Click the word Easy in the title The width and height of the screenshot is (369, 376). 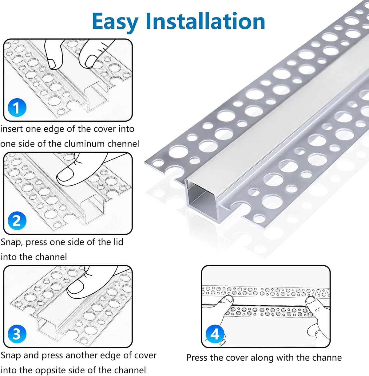click(x=115, y=22)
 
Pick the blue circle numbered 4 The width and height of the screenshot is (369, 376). click(x=215, y=334)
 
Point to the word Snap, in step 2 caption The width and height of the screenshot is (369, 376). click(x=12, y=242)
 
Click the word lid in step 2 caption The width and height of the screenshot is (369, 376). click(x=118, y=242)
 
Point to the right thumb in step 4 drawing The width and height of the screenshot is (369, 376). click(x=312, y=301)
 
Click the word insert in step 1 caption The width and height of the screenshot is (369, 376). click(x=11, y=129)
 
